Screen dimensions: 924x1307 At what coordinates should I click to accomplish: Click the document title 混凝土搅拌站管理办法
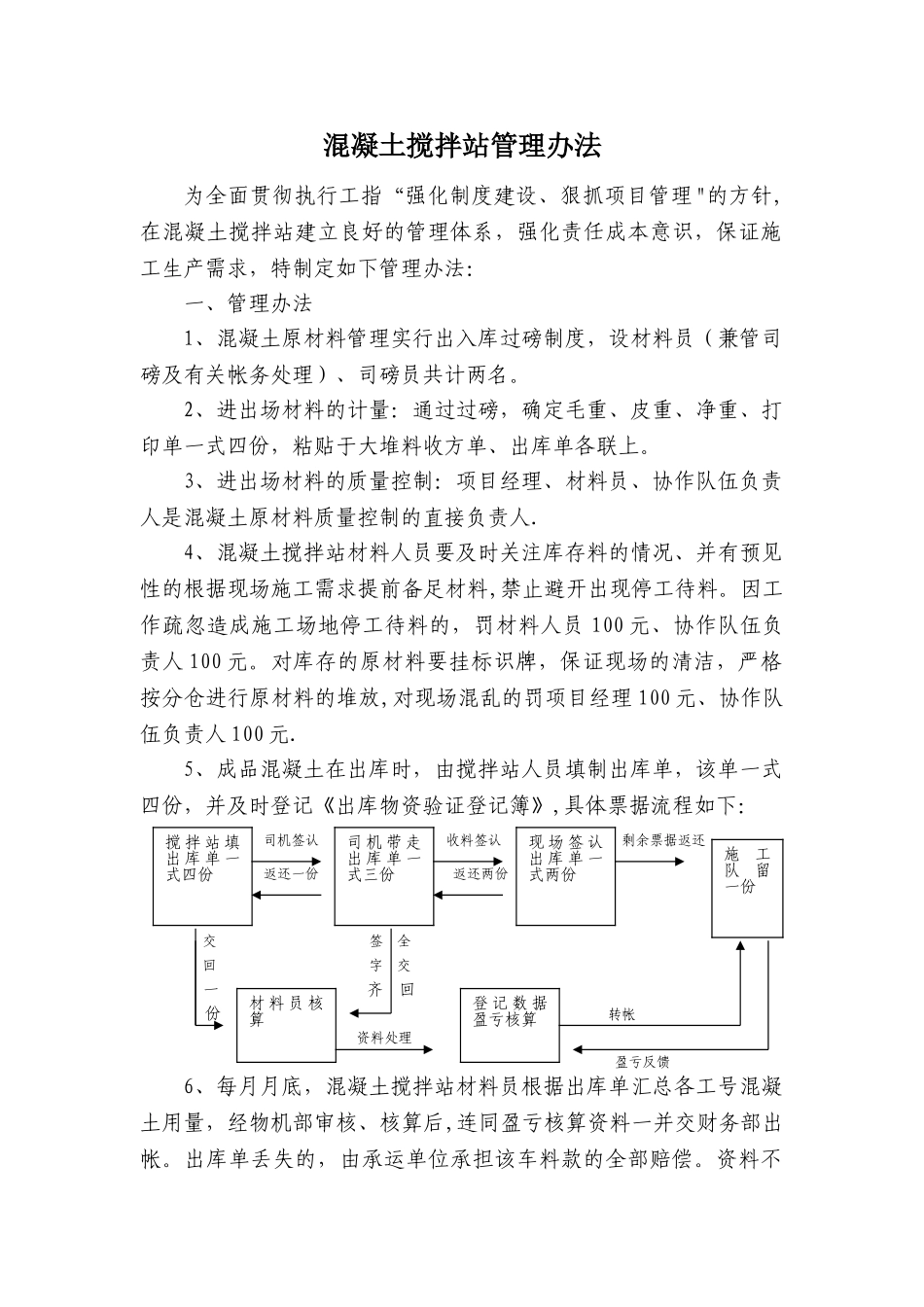(462, 146)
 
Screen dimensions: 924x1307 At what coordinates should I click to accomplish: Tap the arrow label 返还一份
(292, 872)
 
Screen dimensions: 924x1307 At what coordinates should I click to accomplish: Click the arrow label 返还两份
(480, 872)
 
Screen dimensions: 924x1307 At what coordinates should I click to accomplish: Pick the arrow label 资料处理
(384, 1038)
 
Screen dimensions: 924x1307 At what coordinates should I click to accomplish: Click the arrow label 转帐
(622, 1014)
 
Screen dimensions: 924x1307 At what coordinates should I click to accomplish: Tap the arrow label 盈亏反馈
(643, 1062)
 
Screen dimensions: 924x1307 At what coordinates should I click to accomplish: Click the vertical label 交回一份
(210, 977)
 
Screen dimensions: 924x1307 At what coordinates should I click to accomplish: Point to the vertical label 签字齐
(375, 966)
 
